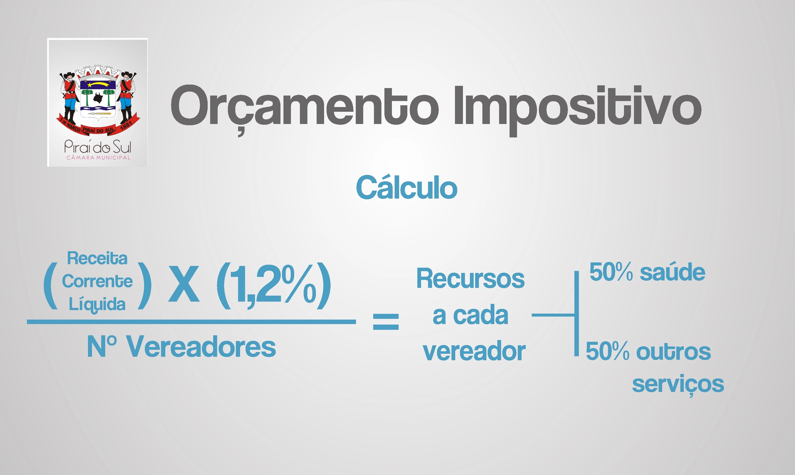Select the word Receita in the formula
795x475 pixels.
click(97, 258)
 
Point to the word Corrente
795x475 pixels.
click(97, 281)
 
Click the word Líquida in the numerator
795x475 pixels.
click(97, 304)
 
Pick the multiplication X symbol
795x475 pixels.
click(184, 284)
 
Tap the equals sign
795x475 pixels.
click(386, 322)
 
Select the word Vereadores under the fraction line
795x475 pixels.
click(201, 347)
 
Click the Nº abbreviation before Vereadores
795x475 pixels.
click(102, 346)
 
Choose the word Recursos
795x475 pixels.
click(470, 278)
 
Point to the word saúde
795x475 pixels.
click(673, 272)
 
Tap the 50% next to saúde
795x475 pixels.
click(611, 272)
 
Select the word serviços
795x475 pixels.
click(678, 385)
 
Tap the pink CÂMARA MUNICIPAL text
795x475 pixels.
click(98, 157)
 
